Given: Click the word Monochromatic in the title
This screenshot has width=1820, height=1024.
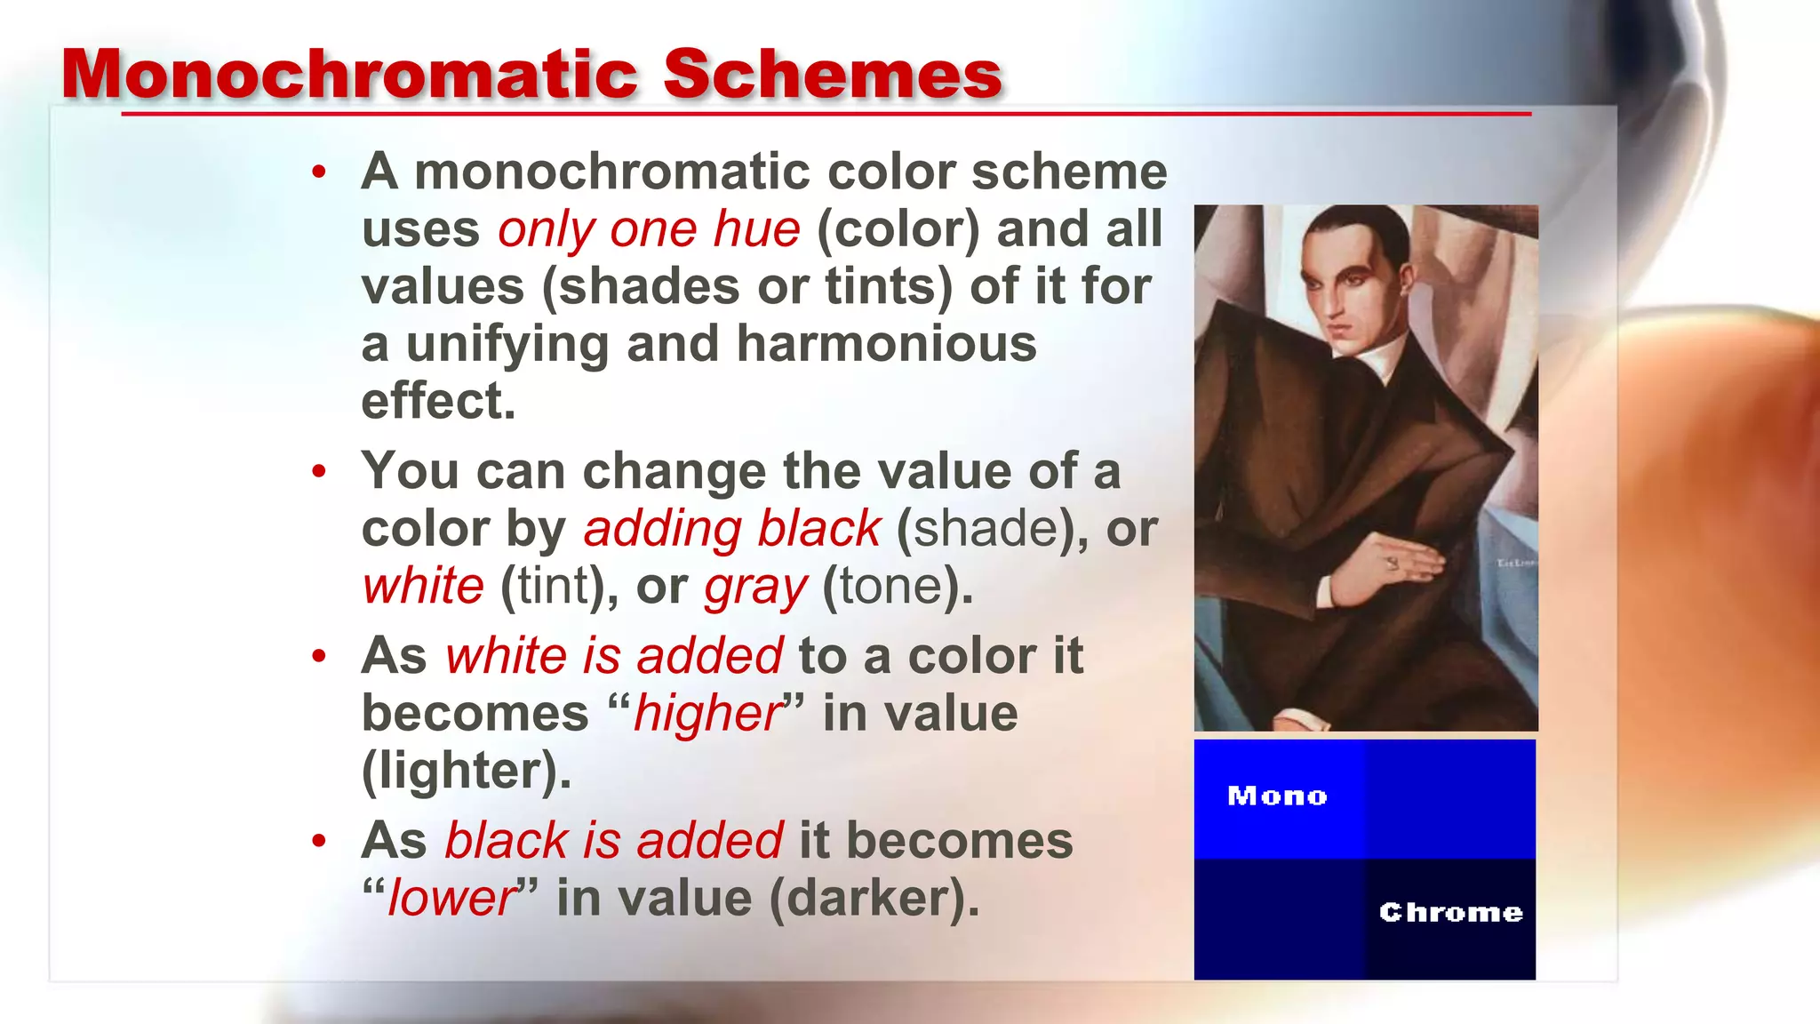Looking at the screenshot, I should [x=350, y=75].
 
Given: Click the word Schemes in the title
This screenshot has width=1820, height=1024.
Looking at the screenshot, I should [x=833, y=75].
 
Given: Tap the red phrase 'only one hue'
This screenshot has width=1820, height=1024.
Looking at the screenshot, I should [x=649, y=229].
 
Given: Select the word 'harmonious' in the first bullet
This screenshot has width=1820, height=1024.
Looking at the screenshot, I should [x=886, y=344].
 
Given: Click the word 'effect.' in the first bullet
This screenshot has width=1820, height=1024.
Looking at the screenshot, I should [x=438, y=402].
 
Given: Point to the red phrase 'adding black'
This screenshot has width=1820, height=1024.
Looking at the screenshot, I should [x=731, y=530].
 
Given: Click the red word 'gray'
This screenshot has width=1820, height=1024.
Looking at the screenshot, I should [x=755, y=588].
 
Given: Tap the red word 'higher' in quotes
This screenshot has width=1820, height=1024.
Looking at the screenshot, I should [x=707, y=714].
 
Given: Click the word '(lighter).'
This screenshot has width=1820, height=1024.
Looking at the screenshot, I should [x=466, y=771].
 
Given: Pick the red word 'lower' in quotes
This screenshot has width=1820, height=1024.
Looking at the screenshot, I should [x=451, y=899].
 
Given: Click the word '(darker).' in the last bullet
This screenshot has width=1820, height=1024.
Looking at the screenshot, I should [x=874, y=899].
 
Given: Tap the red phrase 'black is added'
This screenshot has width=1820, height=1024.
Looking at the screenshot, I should [x=613, y=841].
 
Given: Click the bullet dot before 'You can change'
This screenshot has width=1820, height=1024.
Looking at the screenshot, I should [x=319, y=472].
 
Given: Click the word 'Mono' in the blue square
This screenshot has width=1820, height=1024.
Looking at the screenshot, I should [x=1277, y=796].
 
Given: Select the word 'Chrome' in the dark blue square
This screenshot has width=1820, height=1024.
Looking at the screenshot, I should [x=1450, y=912].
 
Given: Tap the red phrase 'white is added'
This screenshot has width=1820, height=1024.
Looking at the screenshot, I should [x=613, y=657].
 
